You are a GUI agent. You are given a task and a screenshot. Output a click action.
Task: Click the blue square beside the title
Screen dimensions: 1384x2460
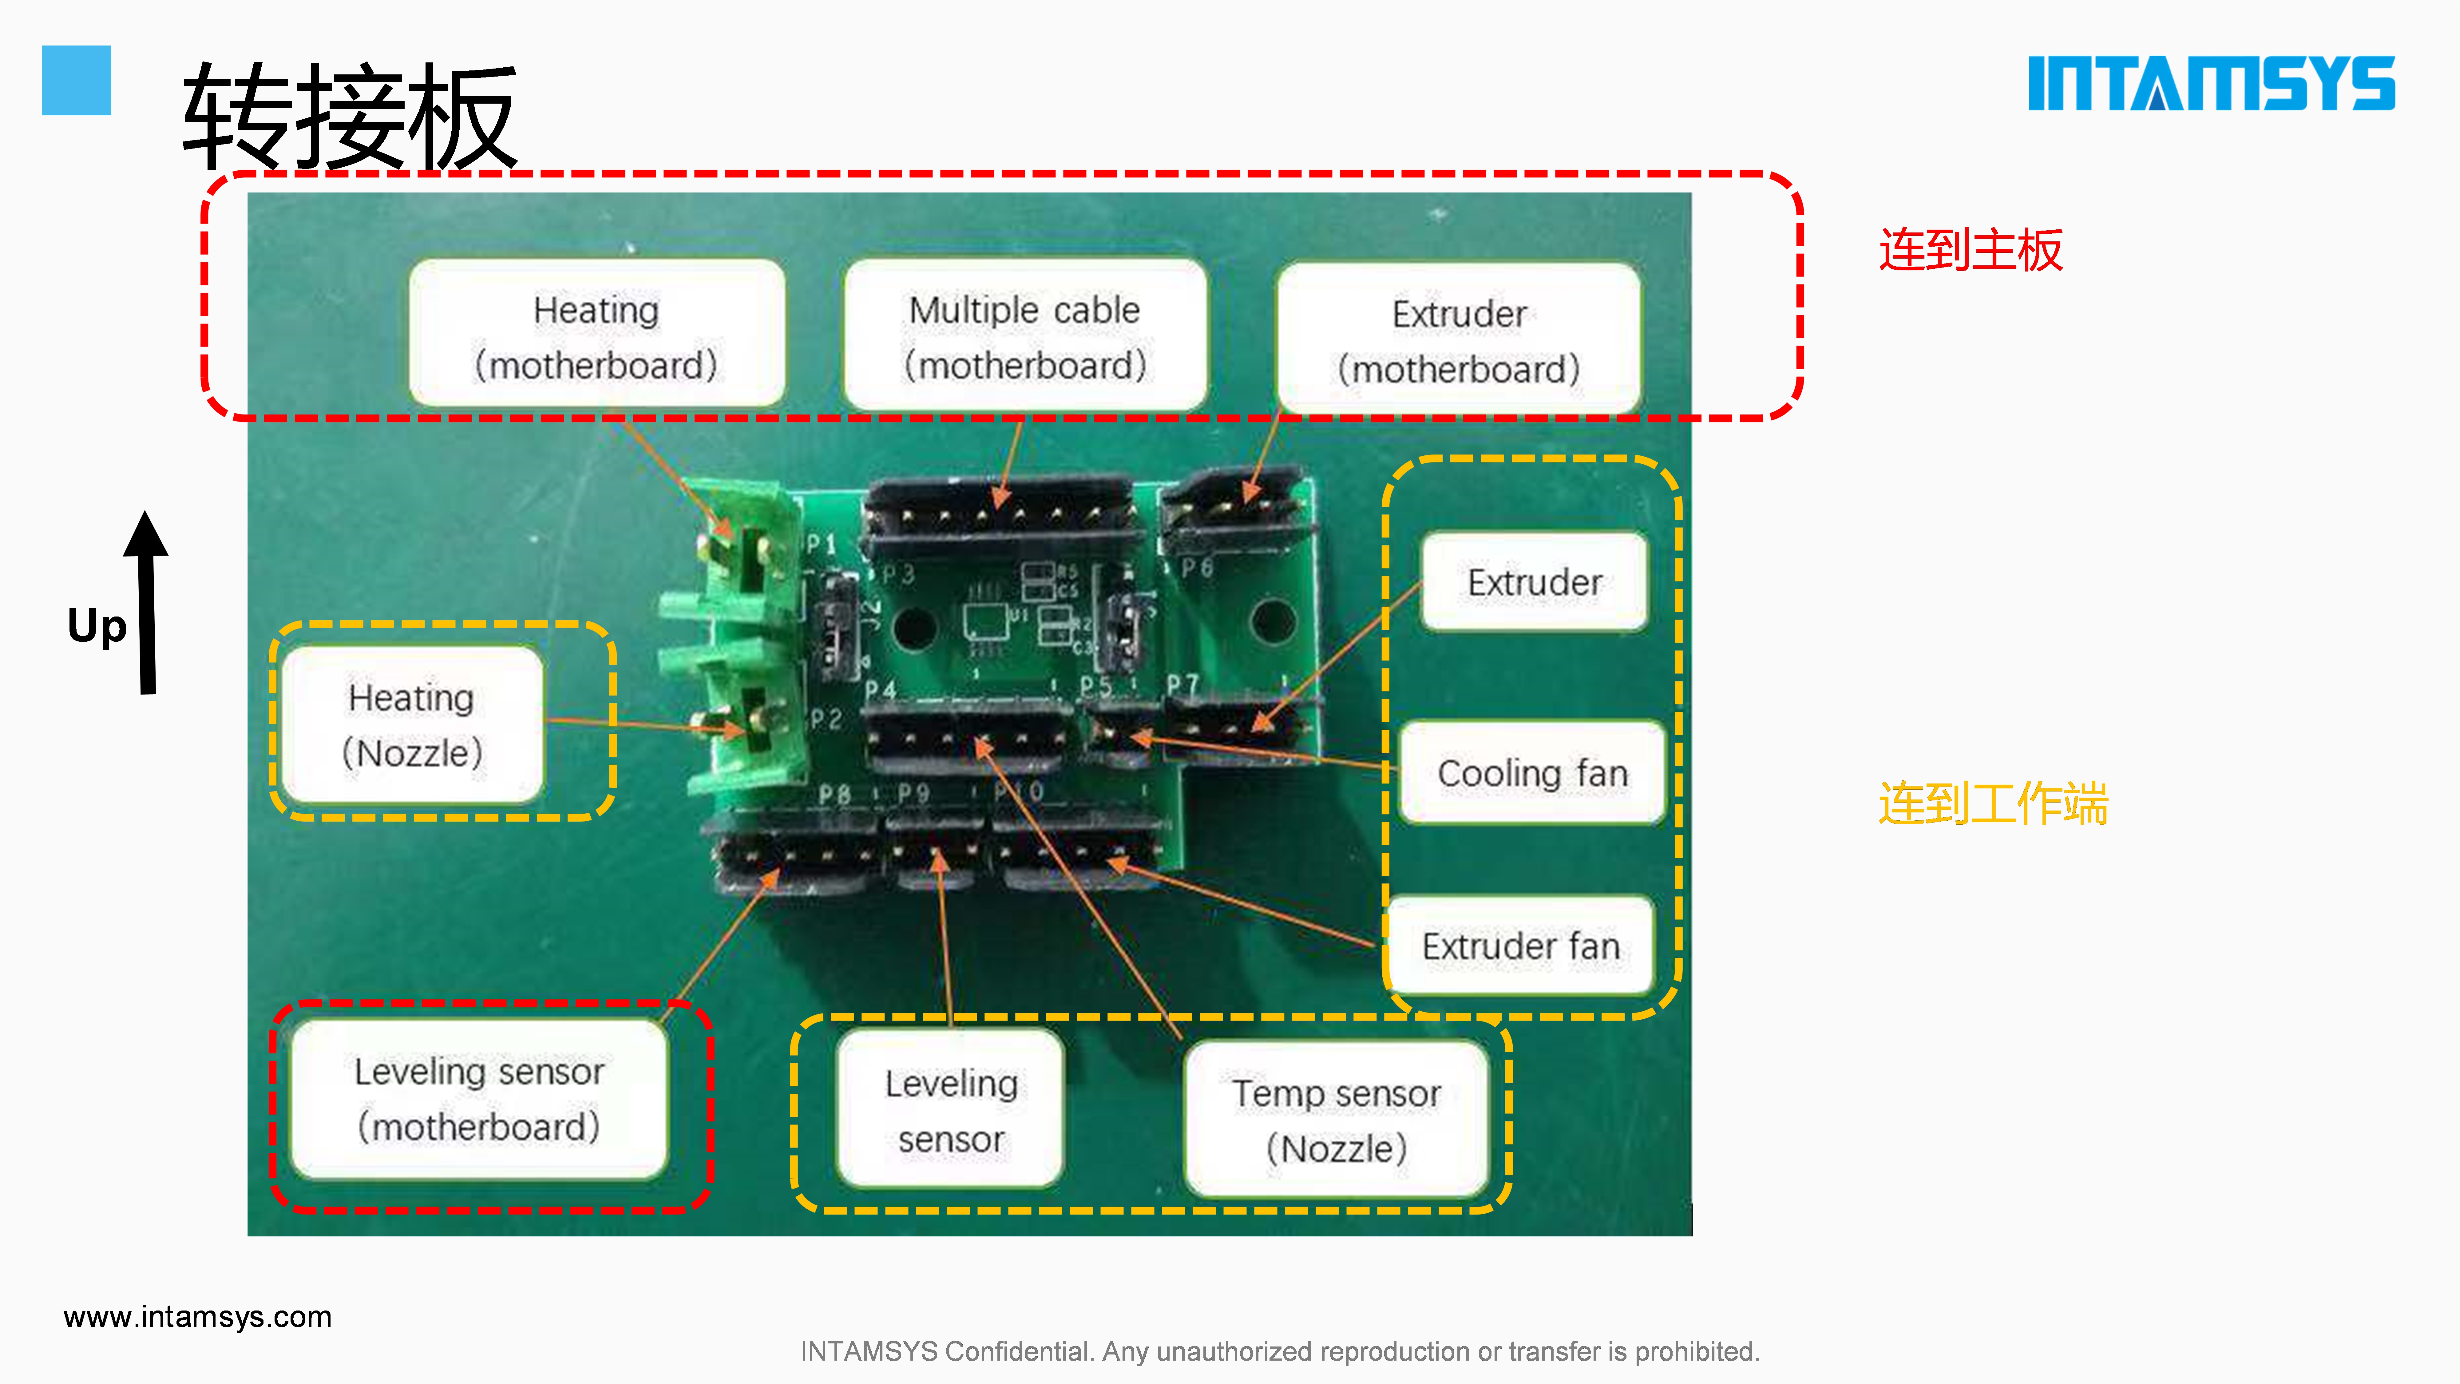click(76, 80)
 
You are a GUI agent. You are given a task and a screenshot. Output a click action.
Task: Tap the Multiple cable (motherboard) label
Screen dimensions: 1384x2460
click(1025, 336)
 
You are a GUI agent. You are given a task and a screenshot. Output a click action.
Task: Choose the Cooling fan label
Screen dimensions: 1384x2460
click(1532, 773)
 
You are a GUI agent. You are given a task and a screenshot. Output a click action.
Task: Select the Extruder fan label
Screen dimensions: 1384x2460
click(1520, 946)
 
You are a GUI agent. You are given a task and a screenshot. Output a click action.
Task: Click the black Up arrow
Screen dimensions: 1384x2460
click(146, 602)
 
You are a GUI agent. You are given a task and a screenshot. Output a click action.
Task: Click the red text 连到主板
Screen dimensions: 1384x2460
click(1970, 250)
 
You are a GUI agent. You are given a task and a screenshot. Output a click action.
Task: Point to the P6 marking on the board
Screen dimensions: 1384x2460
click(1197, 568)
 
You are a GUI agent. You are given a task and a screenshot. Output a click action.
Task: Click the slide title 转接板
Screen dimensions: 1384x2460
click(350, 117)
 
